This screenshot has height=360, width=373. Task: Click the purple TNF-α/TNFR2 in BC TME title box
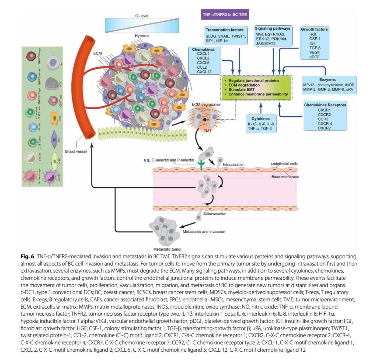tap(225, 15)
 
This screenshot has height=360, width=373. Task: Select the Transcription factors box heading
tap(224, 30)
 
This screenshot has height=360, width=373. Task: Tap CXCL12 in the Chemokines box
tap(204, 72)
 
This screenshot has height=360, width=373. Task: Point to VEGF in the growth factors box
tap(314, 52)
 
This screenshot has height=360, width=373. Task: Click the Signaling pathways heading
tap(272, 28)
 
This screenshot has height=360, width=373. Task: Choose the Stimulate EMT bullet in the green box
tap(242, 90)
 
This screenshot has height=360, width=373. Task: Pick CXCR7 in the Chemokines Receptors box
tap(324, 128)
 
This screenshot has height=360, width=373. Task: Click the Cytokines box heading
tap(260, 118)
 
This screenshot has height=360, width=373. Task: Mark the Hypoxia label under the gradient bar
tap(142, 36)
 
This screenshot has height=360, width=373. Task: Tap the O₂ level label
tap(142, 16)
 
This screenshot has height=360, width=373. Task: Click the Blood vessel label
tap(76, 151)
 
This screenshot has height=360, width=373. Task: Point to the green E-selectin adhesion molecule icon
tap(201, 165)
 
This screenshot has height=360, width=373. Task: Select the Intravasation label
tap(233, 164)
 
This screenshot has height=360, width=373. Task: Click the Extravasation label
tap(215, 214)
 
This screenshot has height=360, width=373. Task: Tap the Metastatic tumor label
tap(167, 249)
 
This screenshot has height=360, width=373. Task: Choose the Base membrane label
tap(285, 177)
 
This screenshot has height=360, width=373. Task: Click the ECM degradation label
tap(206, 104)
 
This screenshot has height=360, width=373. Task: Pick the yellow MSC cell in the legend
tap(54, 161)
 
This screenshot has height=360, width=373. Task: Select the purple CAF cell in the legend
tap(54, 139)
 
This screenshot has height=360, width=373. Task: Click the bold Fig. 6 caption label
tap(27, 256)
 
